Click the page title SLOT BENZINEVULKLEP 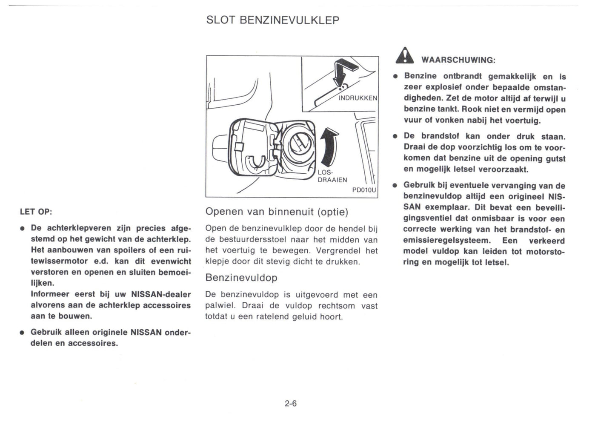tap(272, 20)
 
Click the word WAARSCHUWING tap(458, 60)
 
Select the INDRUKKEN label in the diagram tap(358, 98)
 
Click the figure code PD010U tap(364, 190)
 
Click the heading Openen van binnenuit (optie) tap(277, 212)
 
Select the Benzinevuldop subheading tap(241, 278)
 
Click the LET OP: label tap(36, 212)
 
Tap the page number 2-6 tap(291, 403)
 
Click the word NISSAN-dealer tap(161, 294)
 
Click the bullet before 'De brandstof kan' tap(395, 137)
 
